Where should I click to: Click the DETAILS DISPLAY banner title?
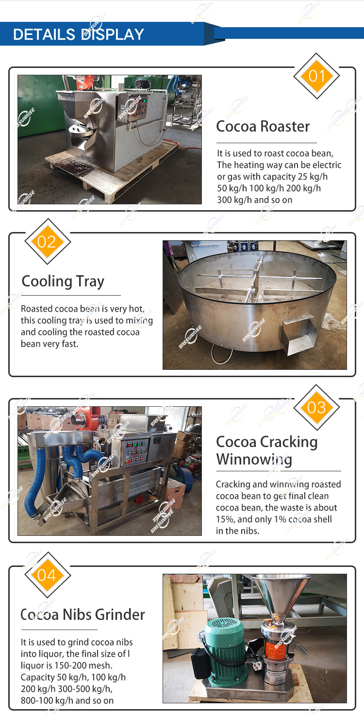click(79, 34)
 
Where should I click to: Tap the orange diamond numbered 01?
click(316, 76)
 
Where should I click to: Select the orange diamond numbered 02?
click(48, 242)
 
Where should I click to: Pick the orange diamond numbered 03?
click(316, 407)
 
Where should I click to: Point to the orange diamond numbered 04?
click(48, 575)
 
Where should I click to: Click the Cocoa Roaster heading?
click(263, 127)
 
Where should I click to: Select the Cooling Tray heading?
click(63, 282)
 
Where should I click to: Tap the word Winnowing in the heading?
click(254, 460)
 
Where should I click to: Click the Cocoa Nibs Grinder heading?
click(83, 614)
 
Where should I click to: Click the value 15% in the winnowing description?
click(225, 519)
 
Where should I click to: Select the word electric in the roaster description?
click(327, 165)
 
